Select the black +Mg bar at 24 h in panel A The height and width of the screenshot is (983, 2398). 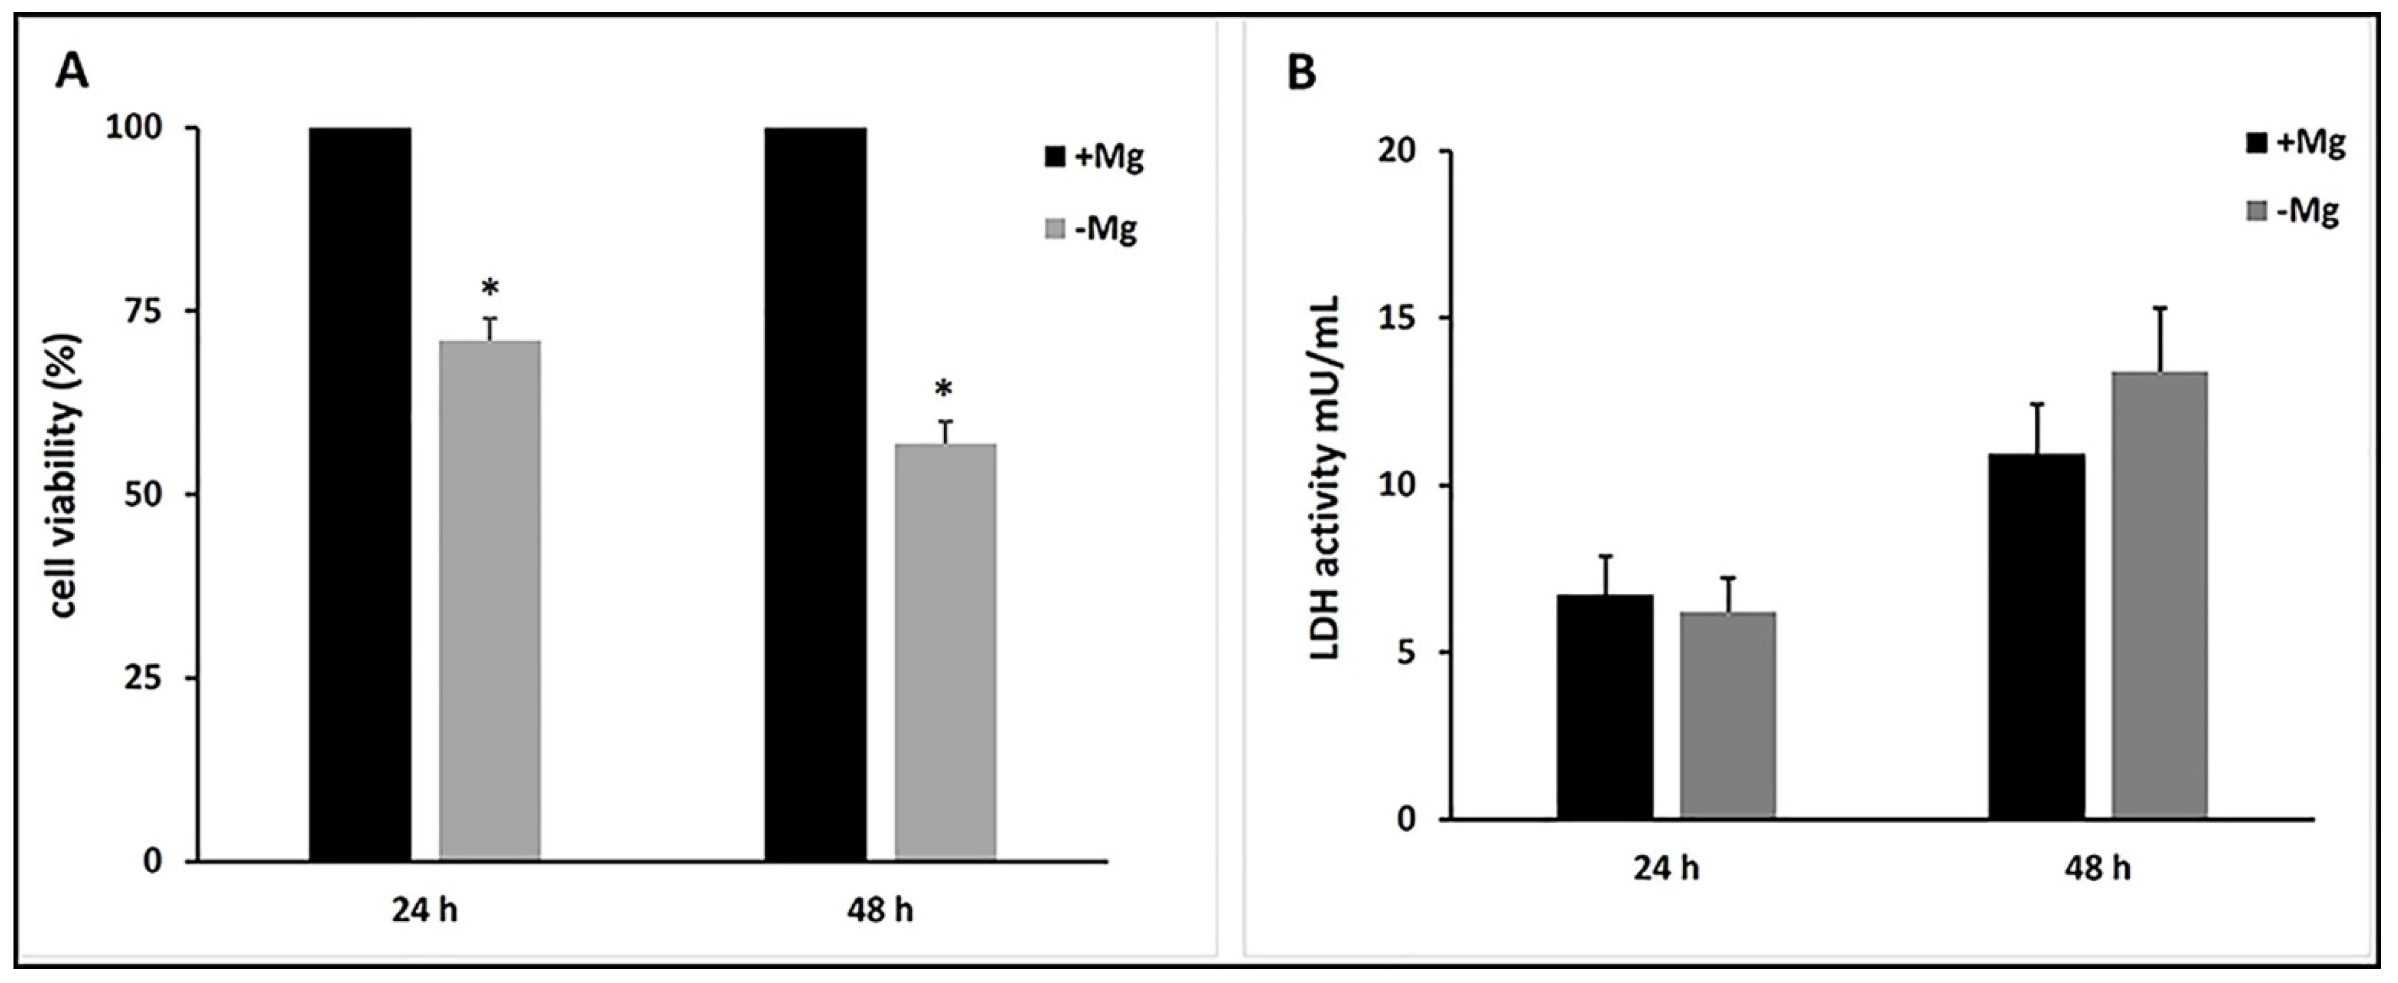tap(360, 493)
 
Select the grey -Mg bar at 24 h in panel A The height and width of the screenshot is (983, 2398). tap(490, 601)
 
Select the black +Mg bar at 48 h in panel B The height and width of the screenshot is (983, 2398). tap(2037, 637)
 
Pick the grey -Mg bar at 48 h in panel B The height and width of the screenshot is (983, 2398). tap(2159, 596)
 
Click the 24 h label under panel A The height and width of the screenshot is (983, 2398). tap(424, 910)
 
